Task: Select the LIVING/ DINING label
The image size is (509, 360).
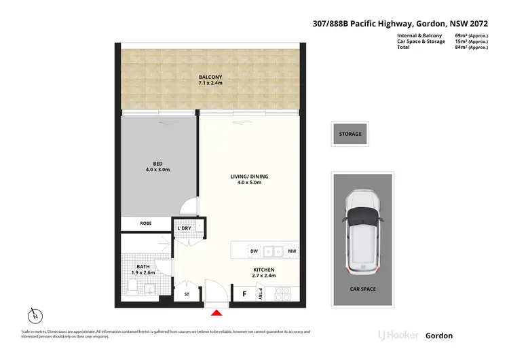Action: click(x=245, y=177)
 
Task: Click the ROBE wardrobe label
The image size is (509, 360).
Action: click(x=145, y=223)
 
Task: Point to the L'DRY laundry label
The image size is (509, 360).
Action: click(x=184, y=228)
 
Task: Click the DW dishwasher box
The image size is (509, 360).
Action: click(x=254, y=251)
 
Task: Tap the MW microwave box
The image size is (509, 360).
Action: click(x=290, y=251)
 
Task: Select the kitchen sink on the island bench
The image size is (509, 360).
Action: click(x=273, y=251)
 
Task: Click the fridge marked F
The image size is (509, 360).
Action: click(x=244, y=294)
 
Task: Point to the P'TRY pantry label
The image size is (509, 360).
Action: click(x=261, y=293)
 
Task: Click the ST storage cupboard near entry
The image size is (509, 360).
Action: click(x=187, y=295)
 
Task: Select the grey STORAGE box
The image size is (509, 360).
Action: click(x=350, y=134)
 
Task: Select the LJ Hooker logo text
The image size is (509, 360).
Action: click(x=397, y=336)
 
